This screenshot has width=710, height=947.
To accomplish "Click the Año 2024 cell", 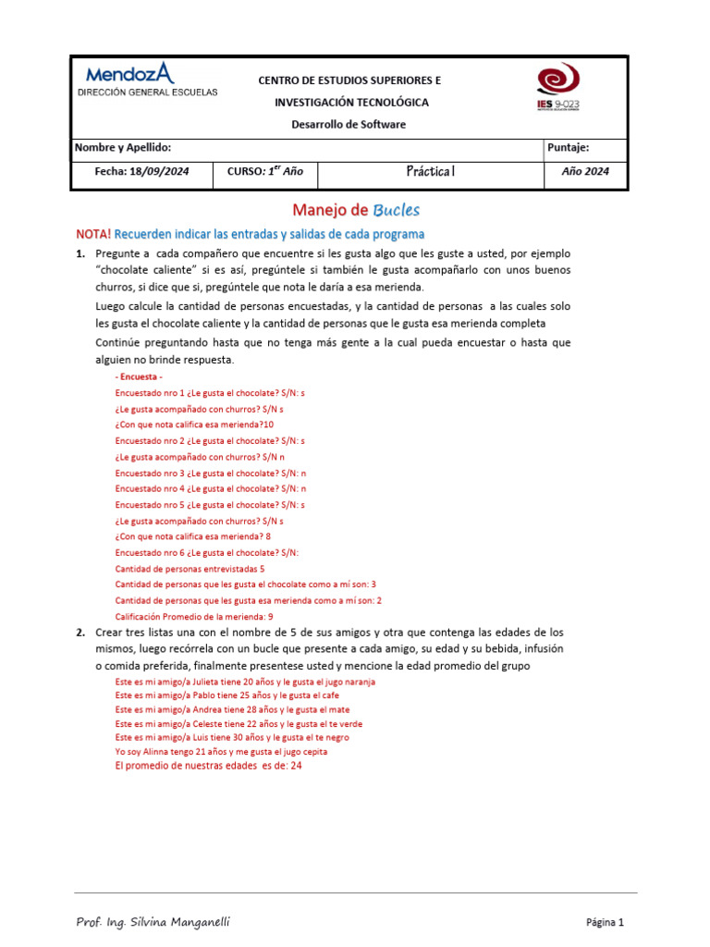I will coord(585,171).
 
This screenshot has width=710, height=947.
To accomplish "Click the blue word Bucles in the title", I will coord(397,210).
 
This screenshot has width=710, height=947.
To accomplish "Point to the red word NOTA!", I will coord(92,234).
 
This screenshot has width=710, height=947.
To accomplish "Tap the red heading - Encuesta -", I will coord(139,377).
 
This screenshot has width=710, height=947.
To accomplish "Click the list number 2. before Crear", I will coord(80,633).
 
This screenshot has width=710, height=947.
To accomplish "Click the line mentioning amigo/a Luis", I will coord(232,738).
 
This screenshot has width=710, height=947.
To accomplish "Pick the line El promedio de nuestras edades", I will coord(208,767).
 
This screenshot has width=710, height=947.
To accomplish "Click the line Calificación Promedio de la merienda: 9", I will coord(194,616).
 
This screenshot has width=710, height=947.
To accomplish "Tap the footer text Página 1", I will coord(606,922).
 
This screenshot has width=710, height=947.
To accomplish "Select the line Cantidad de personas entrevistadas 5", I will coord(190,569).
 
